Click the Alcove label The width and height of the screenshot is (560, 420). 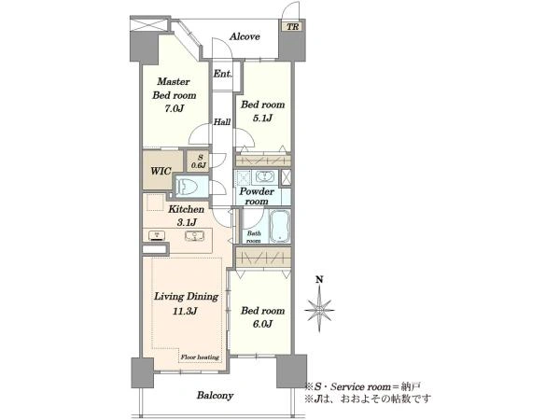[245, 36]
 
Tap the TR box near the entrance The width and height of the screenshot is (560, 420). [292, 27]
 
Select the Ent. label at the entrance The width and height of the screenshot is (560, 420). [223, 74]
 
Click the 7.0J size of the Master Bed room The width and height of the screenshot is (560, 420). [174, 108]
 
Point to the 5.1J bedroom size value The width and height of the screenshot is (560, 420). [262, 118]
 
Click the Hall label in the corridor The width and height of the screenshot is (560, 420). [222, 122]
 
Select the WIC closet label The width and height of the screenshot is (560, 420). [161, 171]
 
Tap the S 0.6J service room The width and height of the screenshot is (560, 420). [199, 161]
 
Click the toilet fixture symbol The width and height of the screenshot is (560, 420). [188, 186]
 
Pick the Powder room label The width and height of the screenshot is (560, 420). [257, 196]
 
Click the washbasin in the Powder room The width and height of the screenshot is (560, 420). [264, 176]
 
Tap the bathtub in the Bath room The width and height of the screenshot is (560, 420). [280, 227]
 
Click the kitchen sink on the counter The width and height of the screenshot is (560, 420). [195, 236]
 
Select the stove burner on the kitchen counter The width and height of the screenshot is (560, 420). [157, 236]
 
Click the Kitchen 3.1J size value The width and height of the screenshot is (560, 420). [187, 222]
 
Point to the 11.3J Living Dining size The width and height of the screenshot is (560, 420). [185, 312]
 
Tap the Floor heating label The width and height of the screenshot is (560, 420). [200, 357]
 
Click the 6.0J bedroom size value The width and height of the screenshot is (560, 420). [262, 324]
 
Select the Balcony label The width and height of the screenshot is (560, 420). [215, 396]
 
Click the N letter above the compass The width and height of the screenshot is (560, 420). [319, 280]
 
